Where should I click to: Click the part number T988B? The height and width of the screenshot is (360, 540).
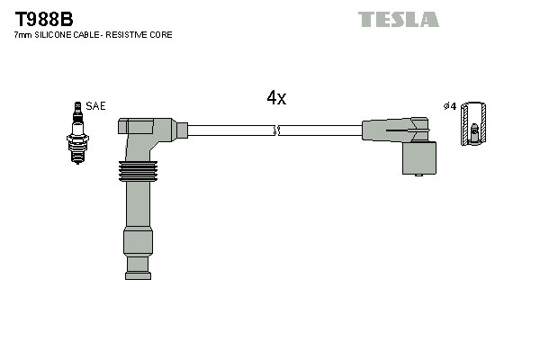[43, 18]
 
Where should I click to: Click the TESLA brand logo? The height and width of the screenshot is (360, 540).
[398, 19]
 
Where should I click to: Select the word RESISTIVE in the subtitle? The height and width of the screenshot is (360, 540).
[131, 35]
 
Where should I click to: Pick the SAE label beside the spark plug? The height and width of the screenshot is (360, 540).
[96, 106]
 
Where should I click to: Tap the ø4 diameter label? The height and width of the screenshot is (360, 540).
[450, 106]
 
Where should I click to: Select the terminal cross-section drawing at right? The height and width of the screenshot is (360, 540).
[474, 125]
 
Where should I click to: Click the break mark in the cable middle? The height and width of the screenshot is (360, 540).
[277, 130]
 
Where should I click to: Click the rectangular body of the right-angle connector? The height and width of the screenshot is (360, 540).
[418, 158]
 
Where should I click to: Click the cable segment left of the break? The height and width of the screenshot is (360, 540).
[229, 130]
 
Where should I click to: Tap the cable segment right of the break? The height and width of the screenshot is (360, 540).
[319, 130]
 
